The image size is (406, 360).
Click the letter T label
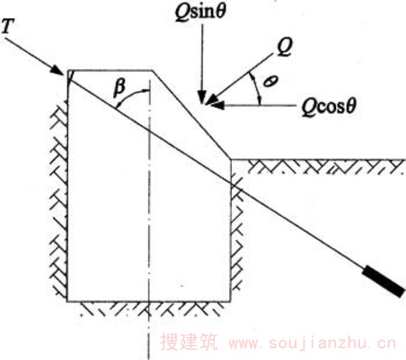coord(8,26)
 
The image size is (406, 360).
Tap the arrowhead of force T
coord(58,70)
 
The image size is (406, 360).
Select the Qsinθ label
coord(200,11)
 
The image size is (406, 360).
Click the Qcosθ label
coord(329,106)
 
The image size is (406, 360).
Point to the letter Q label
coord(284,47)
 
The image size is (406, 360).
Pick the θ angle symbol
coord(270,81)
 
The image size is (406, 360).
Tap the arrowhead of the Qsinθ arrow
coord(202,97)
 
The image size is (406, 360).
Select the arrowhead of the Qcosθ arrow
coord(218,106)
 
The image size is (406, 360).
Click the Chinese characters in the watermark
coord(189,341)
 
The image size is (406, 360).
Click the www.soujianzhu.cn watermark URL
coord(312,343)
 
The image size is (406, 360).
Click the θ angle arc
coord(257,88)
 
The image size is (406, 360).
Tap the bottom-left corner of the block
coord(67,301)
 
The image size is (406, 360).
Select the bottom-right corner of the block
coord(230,301)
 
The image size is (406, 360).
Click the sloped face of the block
coord(191,115)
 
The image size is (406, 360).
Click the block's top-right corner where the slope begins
coord(152,70)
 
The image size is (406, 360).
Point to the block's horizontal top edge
coord(110,70)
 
